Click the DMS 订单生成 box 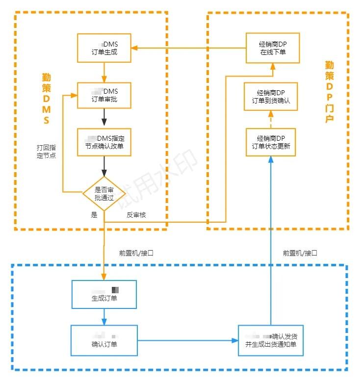(104, 48)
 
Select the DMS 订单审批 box (104, 95)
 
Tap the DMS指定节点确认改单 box (104, 142)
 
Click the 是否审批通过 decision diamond (104, 193)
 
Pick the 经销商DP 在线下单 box (272, 48)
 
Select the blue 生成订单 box (104, 295)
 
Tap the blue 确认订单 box (104, 340)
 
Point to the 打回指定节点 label (46, 152)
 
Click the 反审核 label (136, 215)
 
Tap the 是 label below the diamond (94, 215)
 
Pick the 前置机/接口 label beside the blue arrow (300, 254)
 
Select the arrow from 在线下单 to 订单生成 (188, 48)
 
